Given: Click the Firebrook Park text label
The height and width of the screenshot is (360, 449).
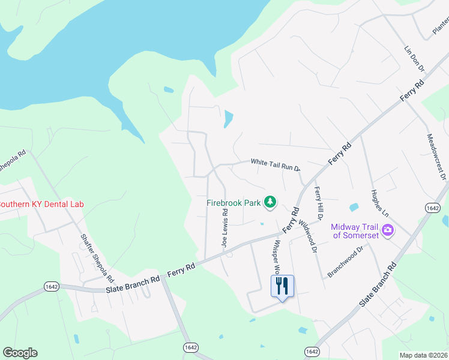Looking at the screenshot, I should click(x=234, y=203).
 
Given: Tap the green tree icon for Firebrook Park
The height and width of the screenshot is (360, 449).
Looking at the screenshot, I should click(x=270, y=202).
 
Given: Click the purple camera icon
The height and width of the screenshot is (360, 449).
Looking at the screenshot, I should click(x=388, y=230).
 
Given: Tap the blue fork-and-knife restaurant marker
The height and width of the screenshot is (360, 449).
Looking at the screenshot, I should click(x=282, y=286).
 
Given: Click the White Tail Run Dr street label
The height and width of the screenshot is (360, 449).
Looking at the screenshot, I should click(x=275, y=163).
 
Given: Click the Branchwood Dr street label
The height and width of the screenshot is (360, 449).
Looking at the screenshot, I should click(x=346, y=262).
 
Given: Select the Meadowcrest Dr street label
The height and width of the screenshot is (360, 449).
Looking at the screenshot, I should click(x=435, y=155).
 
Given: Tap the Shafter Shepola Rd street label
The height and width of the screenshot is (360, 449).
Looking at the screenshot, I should click(x=97, y=257).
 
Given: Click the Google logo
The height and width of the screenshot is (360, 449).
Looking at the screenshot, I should click(x=20, y=353).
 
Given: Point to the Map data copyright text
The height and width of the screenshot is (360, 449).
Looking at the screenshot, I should click(x=424, y=355).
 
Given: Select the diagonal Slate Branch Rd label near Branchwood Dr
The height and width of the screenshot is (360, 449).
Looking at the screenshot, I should click(x=378, y=285).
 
